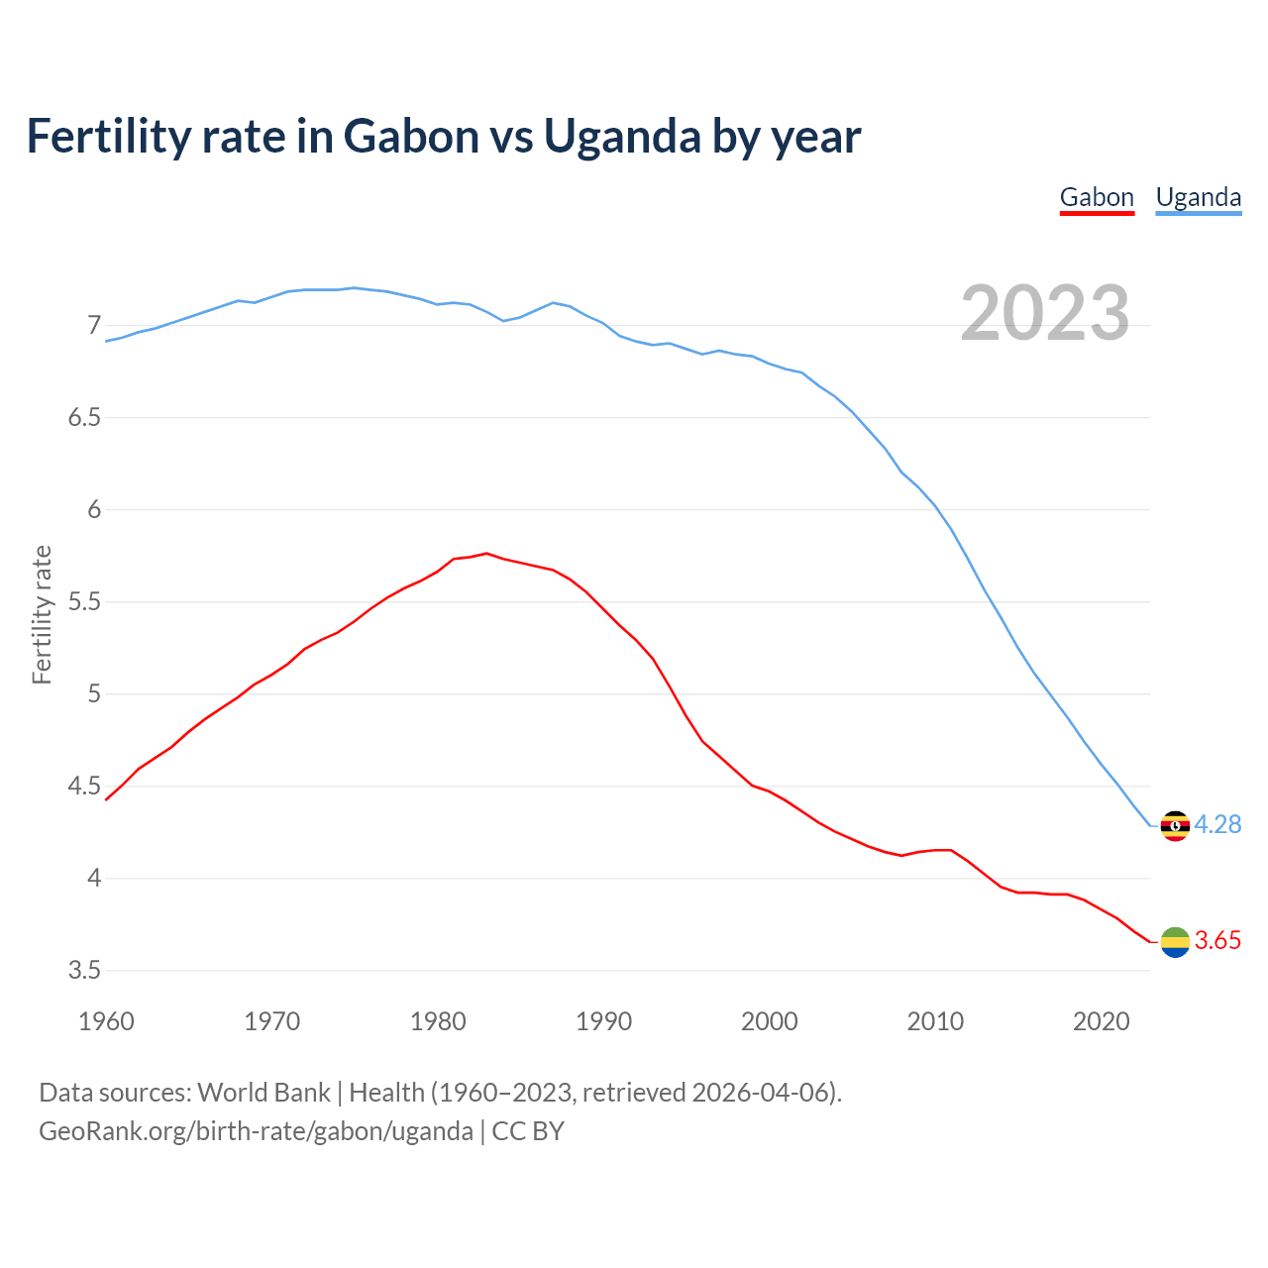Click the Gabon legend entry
[1097, 197]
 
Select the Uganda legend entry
[1199, 197]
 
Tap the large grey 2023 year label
[1045, 313]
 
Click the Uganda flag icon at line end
[1175, 825]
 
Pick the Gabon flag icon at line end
[1175, 942]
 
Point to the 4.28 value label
[1217, 824]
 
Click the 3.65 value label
[1217, 941]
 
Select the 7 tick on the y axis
[94, 326]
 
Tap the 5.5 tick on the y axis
[85, 602]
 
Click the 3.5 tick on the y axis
[85, 971]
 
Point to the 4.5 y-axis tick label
[85, 787]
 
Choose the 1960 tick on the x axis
[106, 1021]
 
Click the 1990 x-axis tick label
[603, 1021]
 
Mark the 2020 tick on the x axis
[1101, 1021]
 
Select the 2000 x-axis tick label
[769, 1021]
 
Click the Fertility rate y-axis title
[42, 614]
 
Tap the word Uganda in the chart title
[622, 136]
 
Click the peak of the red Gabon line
[486, 553]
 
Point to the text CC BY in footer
[528, 1131]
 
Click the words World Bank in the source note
[264, 1093]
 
